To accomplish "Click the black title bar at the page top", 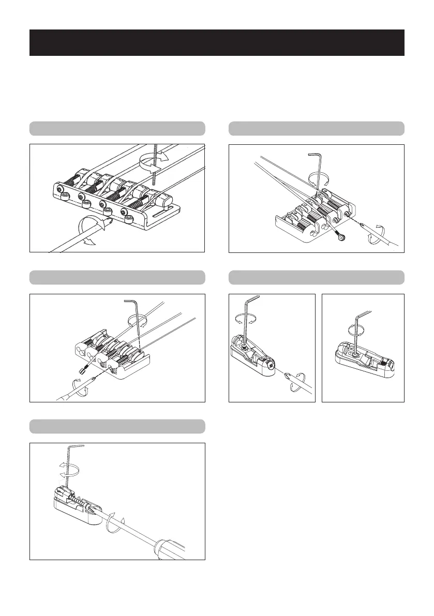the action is click(217, 42).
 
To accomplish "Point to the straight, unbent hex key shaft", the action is click(155, 166).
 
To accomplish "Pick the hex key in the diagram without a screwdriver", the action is click(356, 331).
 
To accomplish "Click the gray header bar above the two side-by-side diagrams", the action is click(316, 277).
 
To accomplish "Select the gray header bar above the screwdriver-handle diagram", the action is click(117, 426).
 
